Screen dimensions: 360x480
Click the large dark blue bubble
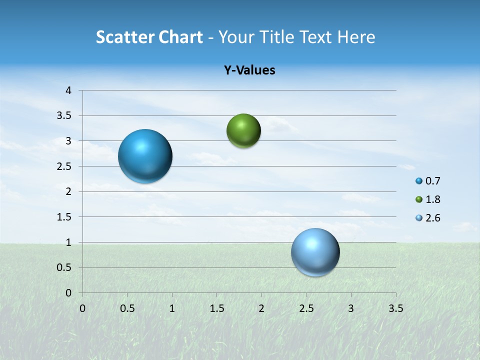coord(145,156)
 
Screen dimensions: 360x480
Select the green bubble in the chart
coord(243,131)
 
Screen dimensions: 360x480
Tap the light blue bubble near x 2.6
coord(315,252)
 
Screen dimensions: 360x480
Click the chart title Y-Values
coord(249,70)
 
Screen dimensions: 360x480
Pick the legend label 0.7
coord(432,181)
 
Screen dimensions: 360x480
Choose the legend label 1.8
coord(432,199)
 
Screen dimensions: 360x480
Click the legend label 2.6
coord(432,218)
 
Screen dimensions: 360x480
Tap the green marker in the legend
coord(419,199)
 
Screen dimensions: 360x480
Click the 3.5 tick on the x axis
coord(395,308)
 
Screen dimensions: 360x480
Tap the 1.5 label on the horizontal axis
coord(216,308)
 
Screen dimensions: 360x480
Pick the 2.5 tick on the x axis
coord(306,308)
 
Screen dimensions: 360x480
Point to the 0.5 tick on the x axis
coord(127,308)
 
